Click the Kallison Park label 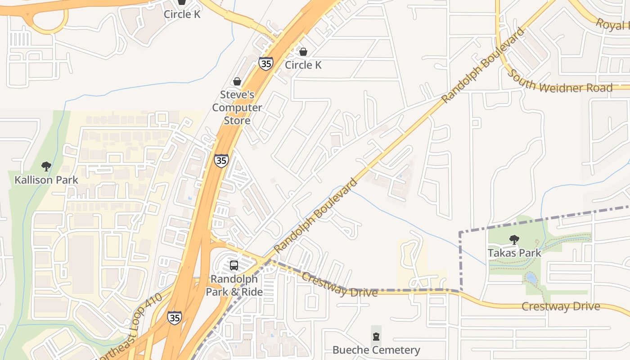pos(46,180)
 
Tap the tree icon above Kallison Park pos(46,166)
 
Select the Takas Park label pos(514,253)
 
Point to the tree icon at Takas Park pos(514,240)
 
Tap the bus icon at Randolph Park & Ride pos(234,265)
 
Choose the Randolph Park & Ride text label pos(234,285)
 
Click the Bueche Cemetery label pos(376,350)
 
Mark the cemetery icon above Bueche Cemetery pos(376,336)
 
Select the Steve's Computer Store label pos(237,108)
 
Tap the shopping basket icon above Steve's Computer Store pos(237,81)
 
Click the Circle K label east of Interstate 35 pos(303,65)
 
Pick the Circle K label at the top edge pos(182,14)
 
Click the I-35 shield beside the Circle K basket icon pos(265,63)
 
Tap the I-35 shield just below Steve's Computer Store pos(221,161)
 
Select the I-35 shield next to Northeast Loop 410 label pos(175,317)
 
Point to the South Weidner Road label pos(560,82)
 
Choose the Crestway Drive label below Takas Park pos(560,307)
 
